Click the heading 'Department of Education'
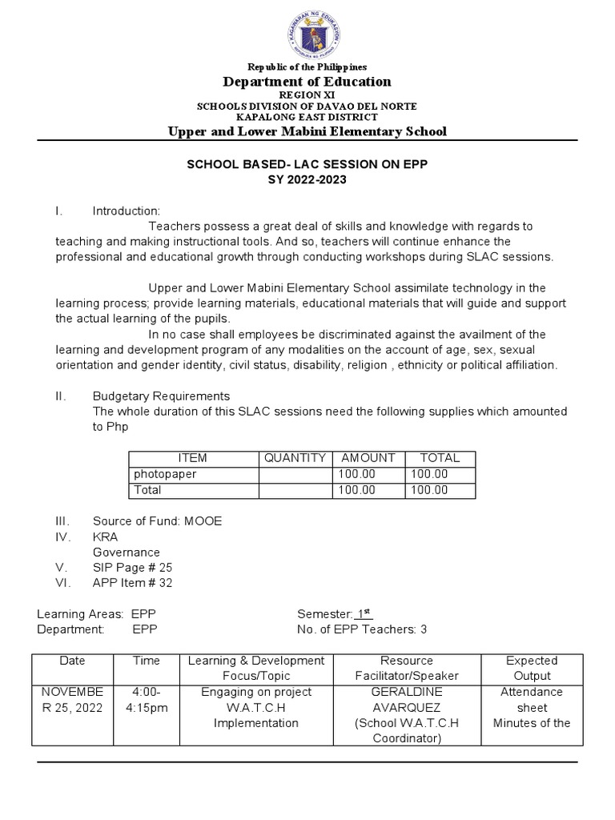(x=307, y=81)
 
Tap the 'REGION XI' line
(x=307, y=94)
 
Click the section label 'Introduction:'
(x=127, y=211)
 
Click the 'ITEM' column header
(x=192, y=458)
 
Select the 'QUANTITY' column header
(x=295, y=458)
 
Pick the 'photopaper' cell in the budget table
(x=165, y=474)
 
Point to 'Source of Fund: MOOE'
(x=157, y=521)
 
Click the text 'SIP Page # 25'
(x=131, y=567)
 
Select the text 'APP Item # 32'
(x=132, y=583)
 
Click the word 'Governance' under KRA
(x=127, y=552)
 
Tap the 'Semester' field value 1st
(x=364, y=613)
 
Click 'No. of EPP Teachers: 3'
(x=362, y=629)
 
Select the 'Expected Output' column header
(x=532, y=668)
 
